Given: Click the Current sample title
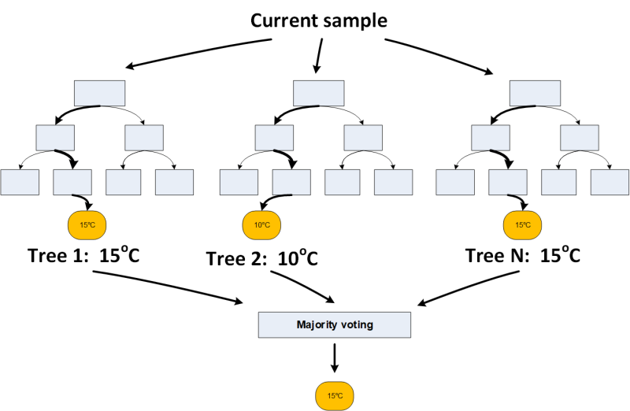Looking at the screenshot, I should (318, 20).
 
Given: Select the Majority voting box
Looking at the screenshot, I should (335, 324).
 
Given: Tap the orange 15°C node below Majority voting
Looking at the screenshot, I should (335, 395).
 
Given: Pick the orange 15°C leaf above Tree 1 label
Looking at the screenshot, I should (87, 225).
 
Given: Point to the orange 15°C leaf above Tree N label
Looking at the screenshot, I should (522, 225).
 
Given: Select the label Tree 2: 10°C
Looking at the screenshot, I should (261, 258).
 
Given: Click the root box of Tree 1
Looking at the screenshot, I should (99, 93).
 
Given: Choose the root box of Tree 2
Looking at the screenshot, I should (319, 93).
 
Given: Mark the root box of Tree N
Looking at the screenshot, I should (535, 93).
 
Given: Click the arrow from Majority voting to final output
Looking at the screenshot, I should (335, 358).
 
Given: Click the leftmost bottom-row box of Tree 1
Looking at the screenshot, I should (20, 182).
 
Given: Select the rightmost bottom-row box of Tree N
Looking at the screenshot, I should (610, 182).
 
